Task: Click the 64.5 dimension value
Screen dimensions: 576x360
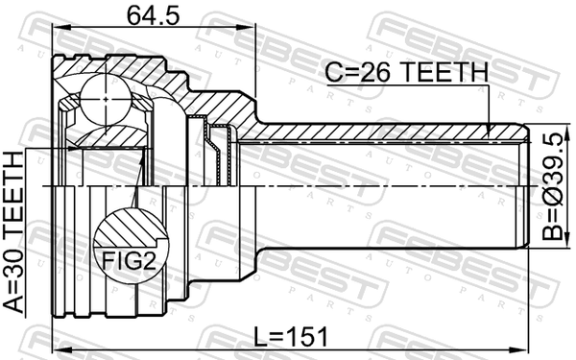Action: click(154, 15)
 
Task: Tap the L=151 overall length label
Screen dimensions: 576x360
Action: click(291, 337)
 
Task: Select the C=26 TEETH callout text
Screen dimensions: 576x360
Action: click(407, 72)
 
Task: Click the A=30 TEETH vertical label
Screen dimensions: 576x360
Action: click(13, 232)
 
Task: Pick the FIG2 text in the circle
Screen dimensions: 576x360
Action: click(129, 261)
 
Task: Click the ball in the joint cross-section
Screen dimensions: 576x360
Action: click(106, 99)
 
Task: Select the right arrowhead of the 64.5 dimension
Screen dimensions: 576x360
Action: click(248, 27)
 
